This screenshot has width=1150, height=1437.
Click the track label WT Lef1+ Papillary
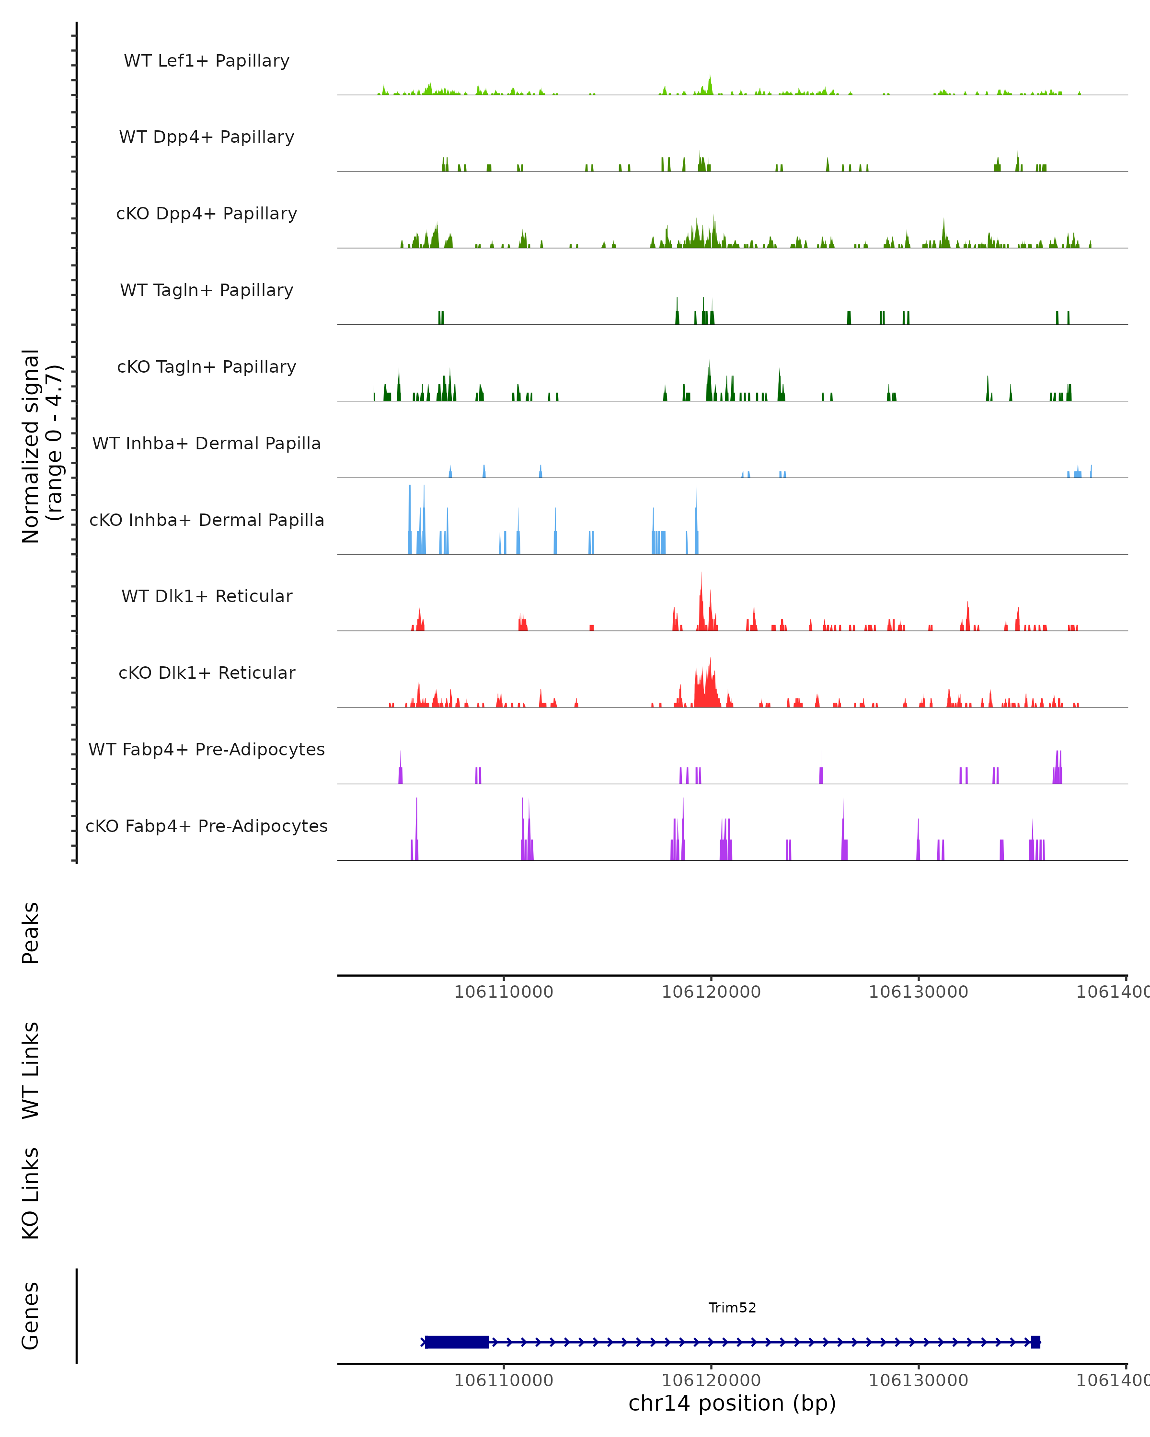(207, 61)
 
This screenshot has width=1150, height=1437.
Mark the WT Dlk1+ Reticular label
(207, 596)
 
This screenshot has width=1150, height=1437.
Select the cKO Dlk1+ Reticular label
(207, 673)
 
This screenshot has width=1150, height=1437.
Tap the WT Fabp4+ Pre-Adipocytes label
(207, 750)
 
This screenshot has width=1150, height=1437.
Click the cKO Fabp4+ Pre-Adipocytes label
(207, 826)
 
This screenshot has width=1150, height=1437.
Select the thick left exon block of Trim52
(457, 1342)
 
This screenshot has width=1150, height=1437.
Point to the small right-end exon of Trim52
(1035, 1342)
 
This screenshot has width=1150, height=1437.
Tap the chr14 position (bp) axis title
(732, 1403)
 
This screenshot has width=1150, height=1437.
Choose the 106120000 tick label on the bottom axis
(711, 1380)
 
